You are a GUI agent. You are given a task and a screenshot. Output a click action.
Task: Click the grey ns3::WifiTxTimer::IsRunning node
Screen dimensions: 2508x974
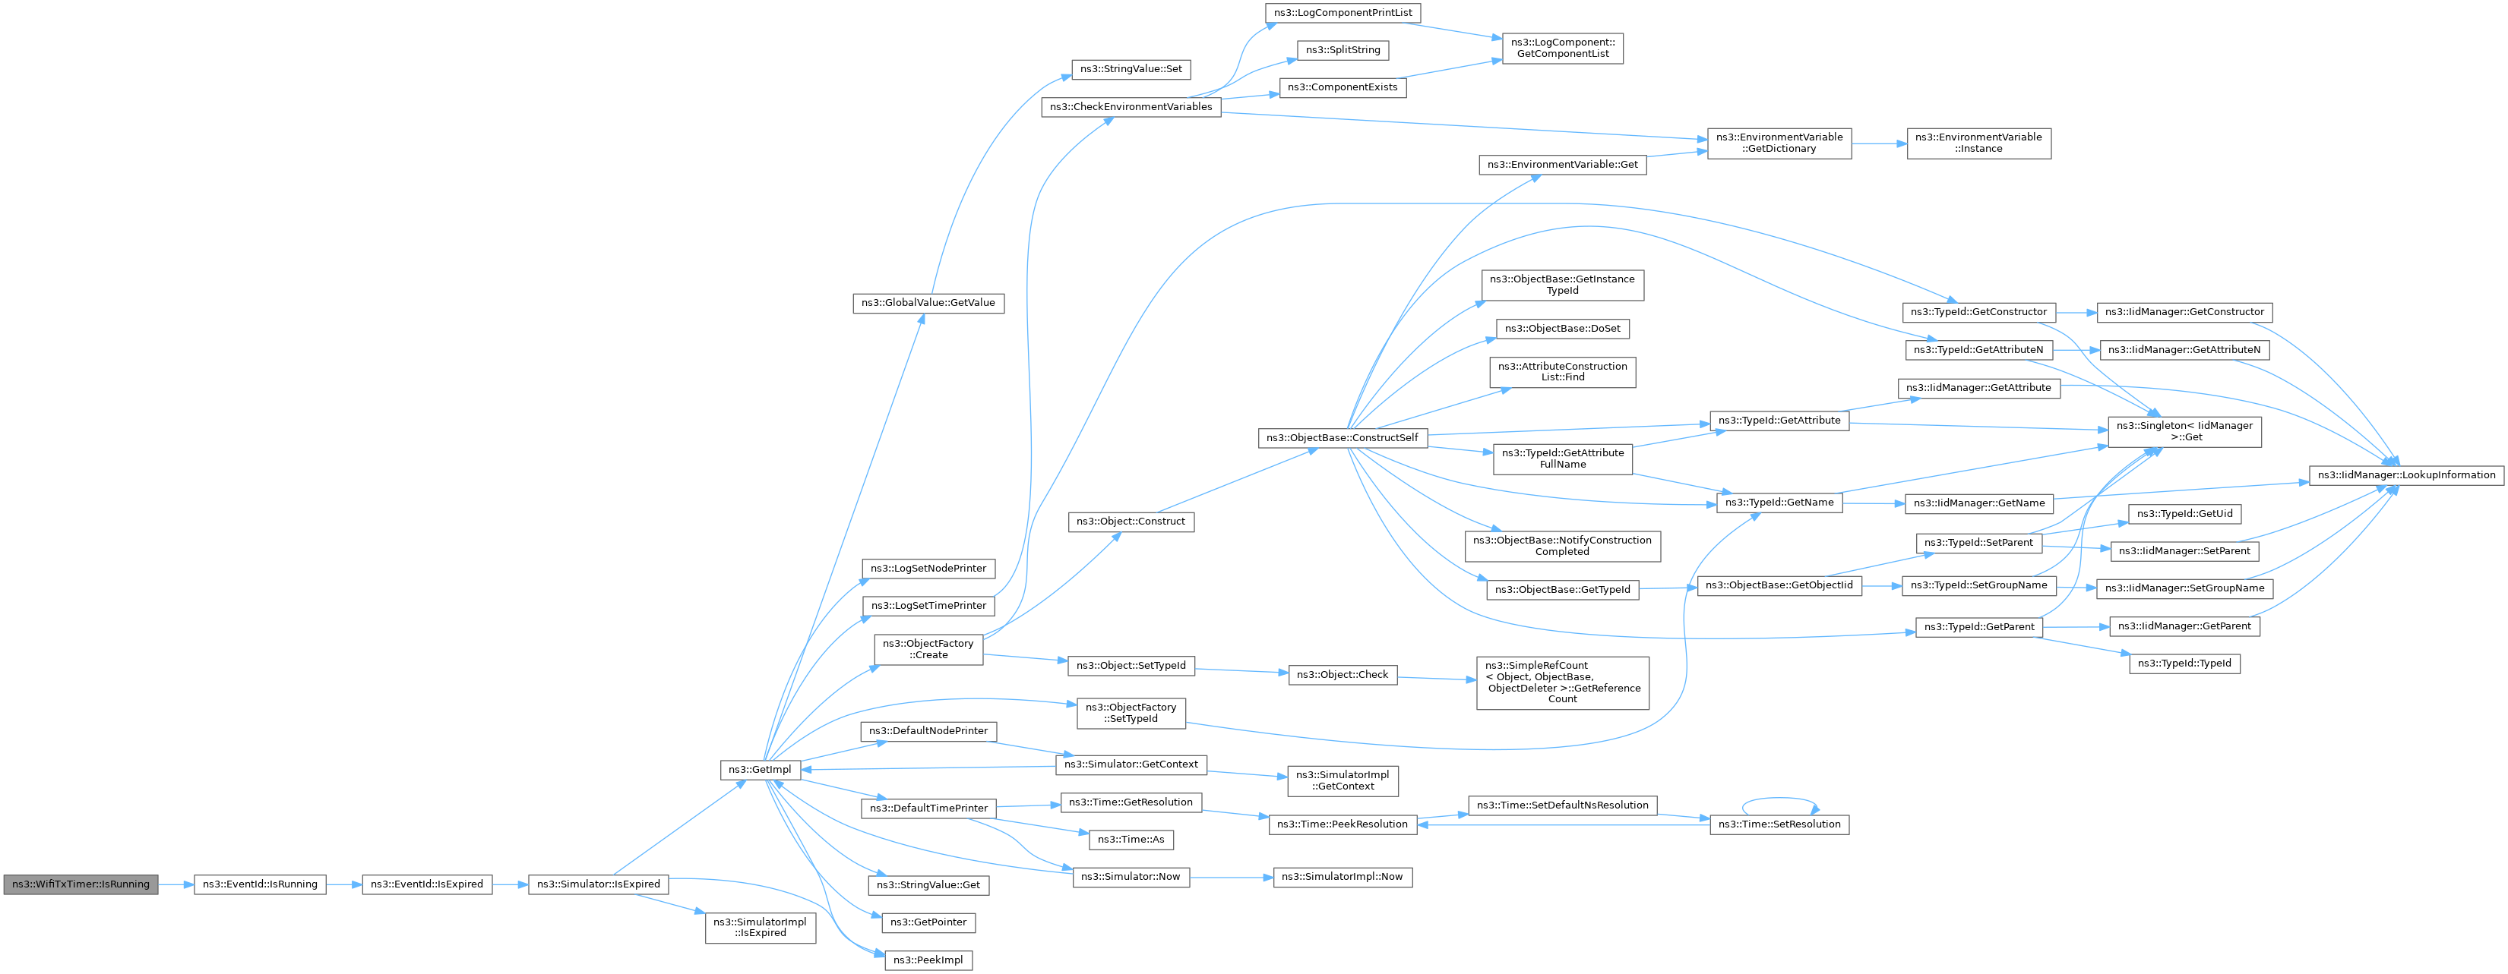point(81,884)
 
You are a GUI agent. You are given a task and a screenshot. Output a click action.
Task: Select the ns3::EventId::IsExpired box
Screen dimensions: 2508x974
point(428,884)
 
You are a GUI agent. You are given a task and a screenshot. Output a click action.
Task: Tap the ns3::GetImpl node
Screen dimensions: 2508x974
point(761,770)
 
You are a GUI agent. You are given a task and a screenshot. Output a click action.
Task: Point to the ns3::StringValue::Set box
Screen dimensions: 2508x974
point(1131,69)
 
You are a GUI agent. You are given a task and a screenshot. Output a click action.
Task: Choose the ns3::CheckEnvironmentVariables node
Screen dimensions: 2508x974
point(1131,107)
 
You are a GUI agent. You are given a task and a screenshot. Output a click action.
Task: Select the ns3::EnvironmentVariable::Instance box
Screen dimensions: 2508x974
point(1978,143)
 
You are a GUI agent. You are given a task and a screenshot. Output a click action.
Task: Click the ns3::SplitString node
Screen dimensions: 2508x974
point(1343,49)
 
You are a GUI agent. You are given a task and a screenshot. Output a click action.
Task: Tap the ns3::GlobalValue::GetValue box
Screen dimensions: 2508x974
point(928,304)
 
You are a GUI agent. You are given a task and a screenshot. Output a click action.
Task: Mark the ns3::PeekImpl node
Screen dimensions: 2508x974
point(928,960)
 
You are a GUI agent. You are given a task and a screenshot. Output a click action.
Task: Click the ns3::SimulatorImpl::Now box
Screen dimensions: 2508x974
point(1343,877)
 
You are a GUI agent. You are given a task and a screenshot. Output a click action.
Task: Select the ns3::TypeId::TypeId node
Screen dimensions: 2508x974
point(2185,664)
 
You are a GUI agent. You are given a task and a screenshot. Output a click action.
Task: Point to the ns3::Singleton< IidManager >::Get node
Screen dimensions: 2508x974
point(2185,431)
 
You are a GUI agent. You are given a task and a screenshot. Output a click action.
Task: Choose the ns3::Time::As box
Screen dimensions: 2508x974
point(1131,840)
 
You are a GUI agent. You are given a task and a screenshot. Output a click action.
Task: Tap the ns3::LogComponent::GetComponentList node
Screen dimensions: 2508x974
point(1563,48)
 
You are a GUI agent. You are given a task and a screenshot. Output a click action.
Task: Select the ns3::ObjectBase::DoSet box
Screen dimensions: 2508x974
point(1563,329)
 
